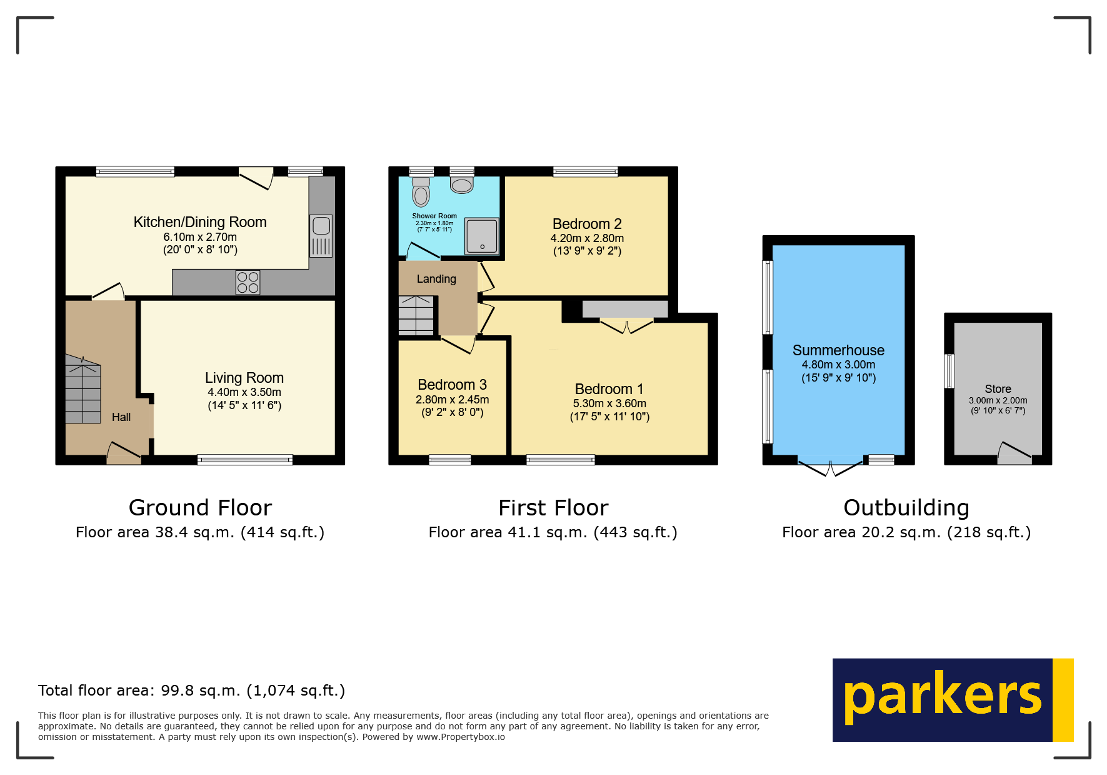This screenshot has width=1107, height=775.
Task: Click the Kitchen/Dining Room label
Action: pos(200,222)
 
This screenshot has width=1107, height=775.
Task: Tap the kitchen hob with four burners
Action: pos(248,283)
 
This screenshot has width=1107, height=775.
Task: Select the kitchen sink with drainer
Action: pos(321,236)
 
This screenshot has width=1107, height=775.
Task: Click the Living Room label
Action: pos(244,378)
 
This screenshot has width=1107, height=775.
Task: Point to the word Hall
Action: pos(121,417)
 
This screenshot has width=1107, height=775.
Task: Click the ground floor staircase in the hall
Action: pos(83,391)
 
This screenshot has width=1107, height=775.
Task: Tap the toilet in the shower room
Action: pos(421,193)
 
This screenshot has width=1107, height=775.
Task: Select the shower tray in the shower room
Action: pos(482,236)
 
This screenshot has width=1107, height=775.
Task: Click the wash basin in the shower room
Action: pos(462,185)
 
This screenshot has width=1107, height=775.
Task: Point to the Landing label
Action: pos(436,279)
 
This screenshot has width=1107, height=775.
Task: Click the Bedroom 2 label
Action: pos(587,224)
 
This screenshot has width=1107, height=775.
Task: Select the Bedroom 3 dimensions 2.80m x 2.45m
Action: pos(452,400)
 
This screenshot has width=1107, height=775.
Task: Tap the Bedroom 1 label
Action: pos(609,389)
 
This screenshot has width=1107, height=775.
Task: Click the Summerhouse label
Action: pos(838,350)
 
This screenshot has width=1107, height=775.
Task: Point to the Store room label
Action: pos(998,389)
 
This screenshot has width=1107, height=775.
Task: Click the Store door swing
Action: pos(1014,452)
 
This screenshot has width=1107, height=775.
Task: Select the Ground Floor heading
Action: pos(200,508)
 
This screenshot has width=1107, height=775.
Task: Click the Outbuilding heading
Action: pos(906,508)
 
